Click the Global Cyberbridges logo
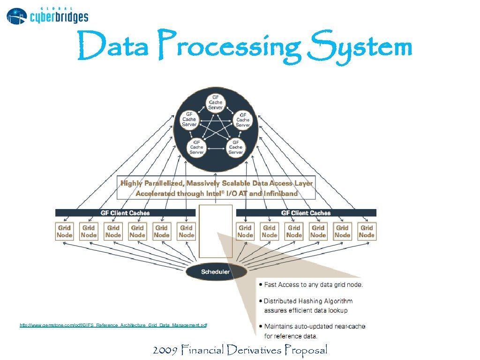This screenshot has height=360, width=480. point(47,15)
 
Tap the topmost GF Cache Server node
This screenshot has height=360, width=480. point(216,102)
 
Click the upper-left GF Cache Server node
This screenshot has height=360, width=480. point(189,119)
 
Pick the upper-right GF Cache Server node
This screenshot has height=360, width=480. point(242,120)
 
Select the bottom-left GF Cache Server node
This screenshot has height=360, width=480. point(196,147)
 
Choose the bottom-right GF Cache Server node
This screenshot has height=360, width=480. point(235,147)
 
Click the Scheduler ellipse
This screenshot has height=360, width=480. point(216,272)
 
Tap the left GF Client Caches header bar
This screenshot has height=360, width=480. point(125,213)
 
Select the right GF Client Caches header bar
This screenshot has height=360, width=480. point(306,213)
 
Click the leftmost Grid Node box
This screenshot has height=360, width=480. point(64,232)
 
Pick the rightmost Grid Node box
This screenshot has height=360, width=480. point(367,232)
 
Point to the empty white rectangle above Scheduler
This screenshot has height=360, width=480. point(216,231)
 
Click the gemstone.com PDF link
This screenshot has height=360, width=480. point(113,325)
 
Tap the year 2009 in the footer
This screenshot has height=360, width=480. point(165,350)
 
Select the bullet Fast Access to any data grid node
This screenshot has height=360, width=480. point(313,285)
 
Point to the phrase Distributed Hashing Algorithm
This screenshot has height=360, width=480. point(308,301)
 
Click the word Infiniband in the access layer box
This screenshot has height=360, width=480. point(281,193)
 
